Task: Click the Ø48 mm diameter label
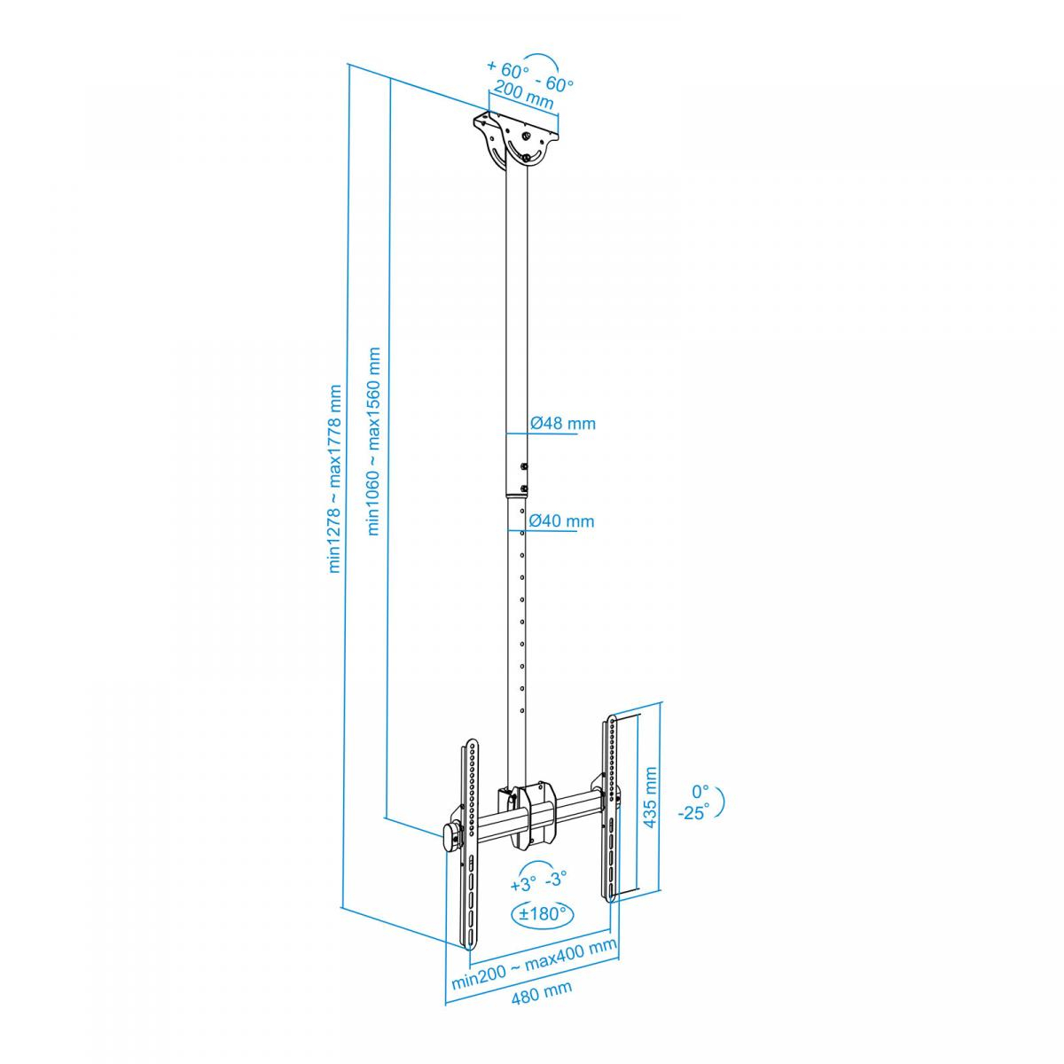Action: (x=563, y=424)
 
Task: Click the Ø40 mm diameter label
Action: (x=561, y=520)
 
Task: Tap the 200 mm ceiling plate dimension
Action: (x=523, y=94)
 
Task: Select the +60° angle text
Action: (x=507, y=68)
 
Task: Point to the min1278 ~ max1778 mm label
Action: (x=335, y=479)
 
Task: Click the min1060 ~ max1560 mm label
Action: (x=374, y=442)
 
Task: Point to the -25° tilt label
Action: (x=694, y=813)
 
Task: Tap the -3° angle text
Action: (x=555, y=879)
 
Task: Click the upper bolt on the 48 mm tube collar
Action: (x=523, y=467)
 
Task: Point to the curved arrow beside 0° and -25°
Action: (x=721, y=802)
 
